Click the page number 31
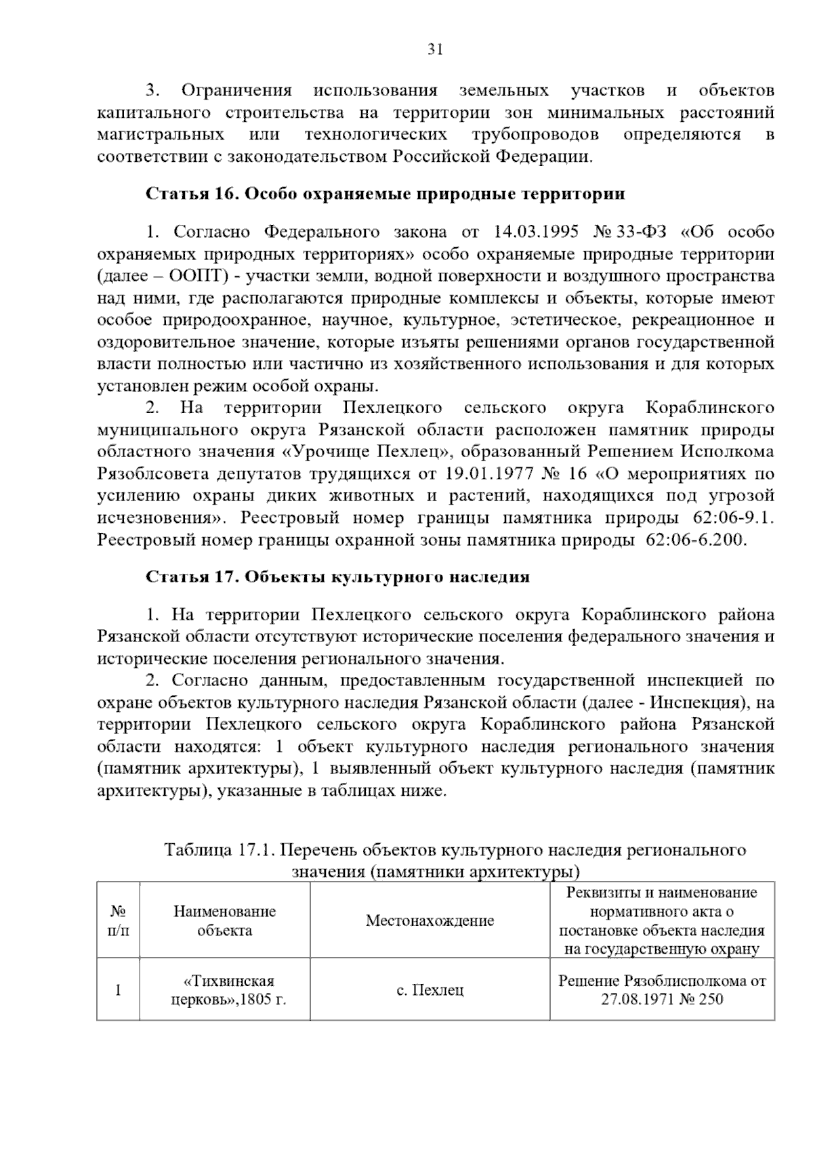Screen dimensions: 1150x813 436,49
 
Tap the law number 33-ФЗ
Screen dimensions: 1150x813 641,232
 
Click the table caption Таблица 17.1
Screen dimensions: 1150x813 220,850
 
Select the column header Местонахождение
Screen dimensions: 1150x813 430,920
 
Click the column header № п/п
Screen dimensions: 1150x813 118,920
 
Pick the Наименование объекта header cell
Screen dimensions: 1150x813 224,920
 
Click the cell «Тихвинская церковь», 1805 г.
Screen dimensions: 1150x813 224,989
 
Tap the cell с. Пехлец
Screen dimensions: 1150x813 430,989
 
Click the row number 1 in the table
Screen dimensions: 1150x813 118,989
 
